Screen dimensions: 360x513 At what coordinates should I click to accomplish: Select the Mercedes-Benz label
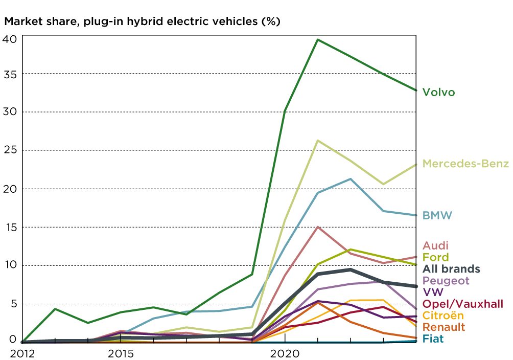465,164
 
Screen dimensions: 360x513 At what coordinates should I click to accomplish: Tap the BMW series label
437,215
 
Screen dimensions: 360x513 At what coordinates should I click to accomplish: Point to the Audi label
435,246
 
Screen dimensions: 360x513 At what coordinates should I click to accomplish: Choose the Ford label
435,257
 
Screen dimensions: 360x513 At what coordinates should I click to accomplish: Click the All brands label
451,269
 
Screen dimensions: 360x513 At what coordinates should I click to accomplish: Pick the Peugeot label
446,281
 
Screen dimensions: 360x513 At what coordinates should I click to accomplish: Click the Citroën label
443,316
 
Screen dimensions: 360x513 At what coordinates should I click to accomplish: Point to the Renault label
444,327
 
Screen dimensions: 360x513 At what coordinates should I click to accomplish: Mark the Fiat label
432,339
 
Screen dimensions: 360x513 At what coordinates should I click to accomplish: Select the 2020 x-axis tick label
285,352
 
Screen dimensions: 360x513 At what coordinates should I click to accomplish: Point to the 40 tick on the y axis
12,39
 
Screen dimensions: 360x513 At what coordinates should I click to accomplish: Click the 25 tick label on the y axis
12,150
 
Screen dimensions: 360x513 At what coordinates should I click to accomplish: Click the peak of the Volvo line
318,39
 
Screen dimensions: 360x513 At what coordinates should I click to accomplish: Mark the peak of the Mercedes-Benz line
318,140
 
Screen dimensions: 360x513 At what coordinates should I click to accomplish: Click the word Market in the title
22,22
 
